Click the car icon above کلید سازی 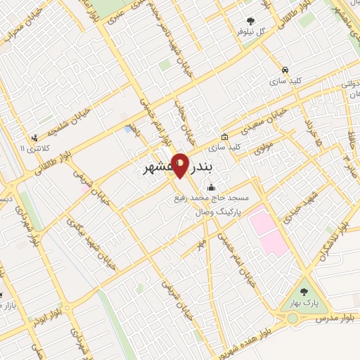tap(284, 70)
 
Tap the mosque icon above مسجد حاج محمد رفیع tap(211, 187)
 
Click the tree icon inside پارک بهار tap(304, 290)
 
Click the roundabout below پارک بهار tap(292, 319)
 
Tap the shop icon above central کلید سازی tap(224, 137)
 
